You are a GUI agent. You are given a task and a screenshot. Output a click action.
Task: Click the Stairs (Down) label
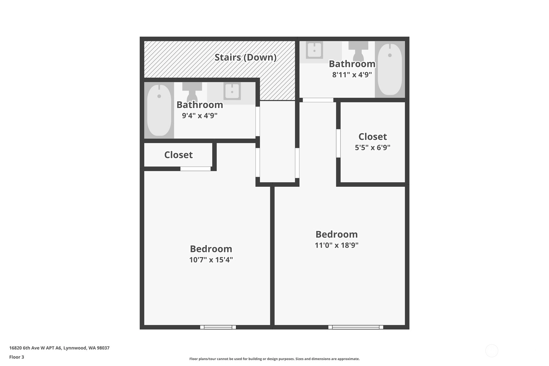tap(246, 57)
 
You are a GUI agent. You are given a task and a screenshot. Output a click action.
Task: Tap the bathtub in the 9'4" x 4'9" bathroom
tap(159, 110)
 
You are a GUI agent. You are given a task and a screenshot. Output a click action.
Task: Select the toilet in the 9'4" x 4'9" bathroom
tap(192, 92)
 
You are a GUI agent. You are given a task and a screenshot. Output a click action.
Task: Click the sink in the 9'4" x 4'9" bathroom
tap(232, 91)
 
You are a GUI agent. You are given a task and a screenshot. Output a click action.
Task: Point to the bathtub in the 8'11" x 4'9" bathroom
tap(390, 69)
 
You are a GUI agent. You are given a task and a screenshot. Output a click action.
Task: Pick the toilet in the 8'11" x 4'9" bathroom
tap(358, 50)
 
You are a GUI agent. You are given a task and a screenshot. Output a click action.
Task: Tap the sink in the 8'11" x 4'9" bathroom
tap(314, 50)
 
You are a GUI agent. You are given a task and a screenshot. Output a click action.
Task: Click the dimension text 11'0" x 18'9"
tap(336, 245)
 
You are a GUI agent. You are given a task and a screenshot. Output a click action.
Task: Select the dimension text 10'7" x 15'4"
tap(211, 260)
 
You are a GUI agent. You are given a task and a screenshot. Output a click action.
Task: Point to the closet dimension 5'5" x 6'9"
tap(373, 147)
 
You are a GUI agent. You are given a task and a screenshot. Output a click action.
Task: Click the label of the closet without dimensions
tap(179, 155)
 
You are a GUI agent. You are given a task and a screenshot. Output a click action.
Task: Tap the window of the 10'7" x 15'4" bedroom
tap(218, 327)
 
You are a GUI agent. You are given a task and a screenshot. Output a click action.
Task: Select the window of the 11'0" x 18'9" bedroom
tap(356, 327)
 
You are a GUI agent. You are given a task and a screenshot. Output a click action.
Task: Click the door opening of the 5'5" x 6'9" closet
tap(338, 143)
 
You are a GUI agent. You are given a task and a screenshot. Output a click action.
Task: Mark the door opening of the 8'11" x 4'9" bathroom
tap(318, 100)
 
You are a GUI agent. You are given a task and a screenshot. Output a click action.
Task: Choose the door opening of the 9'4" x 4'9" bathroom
tap(258, 121)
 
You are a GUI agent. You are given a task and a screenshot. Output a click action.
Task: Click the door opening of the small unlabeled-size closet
tap(196, 169)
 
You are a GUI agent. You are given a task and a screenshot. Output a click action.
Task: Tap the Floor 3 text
tap(17, 357)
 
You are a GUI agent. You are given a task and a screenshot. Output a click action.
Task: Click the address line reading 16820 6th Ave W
tap(59, 348)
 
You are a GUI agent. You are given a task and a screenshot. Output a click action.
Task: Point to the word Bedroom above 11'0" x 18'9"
tap(336, 234)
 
